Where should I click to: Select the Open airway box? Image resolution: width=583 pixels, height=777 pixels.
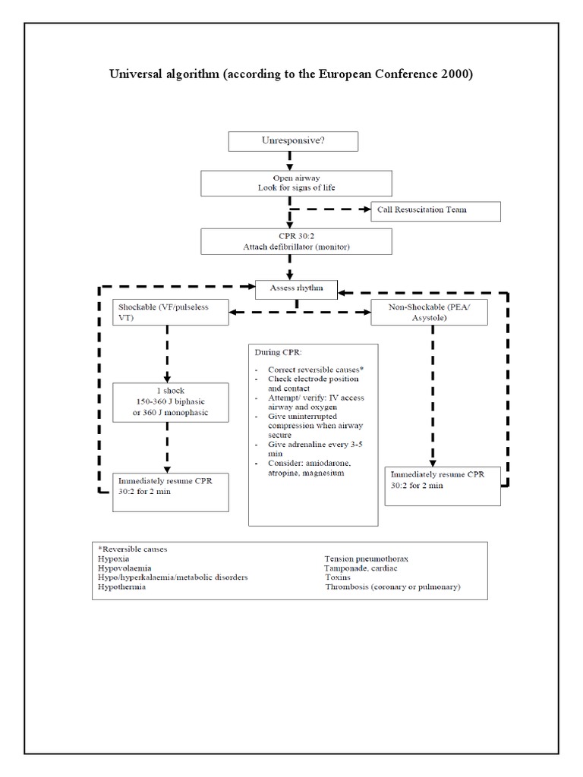click(297, 183)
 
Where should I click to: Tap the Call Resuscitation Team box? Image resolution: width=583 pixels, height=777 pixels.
click(435, 210)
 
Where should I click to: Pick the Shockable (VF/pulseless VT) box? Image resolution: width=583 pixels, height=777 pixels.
click(171, 312)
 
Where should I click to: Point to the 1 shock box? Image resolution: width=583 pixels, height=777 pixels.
click(171, 402)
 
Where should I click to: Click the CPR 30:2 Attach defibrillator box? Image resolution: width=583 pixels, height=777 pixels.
click(297, 241)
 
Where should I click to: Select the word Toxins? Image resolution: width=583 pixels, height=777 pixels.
click(339, 577)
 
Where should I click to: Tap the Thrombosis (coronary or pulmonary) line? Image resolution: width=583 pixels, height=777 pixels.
click(392, 587)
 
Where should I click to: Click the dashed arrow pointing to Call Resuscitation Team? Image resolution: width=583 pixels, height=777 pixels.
click(331, 210)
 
